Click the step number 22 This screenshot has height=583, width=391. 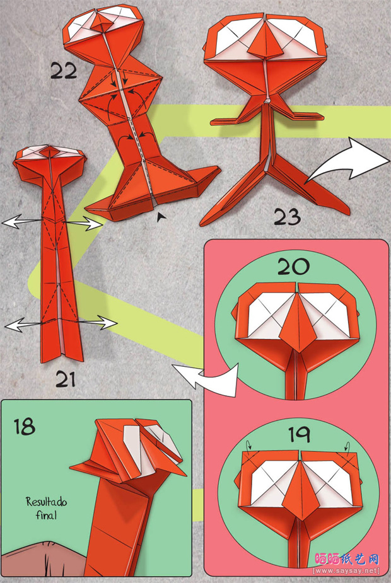pos(64,71)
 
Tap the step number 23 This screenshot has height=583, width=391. pos(287,217)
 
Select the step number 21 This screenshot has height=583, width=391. pos(66,379)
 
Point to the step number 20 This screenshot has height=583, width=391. pos(293,266)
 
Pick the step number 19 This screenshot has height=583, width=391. pos(299,434)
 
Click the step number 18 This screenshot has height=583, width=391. pos(25,427)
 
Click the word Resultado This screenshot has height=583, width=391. pos(46,502)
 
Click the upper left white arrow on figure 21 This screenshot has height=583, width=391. pos(21,222)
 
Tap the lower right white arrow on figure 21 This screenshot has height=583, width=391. pos(98,322)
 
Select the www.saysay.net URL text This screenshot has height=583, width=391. pos(346,570)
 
